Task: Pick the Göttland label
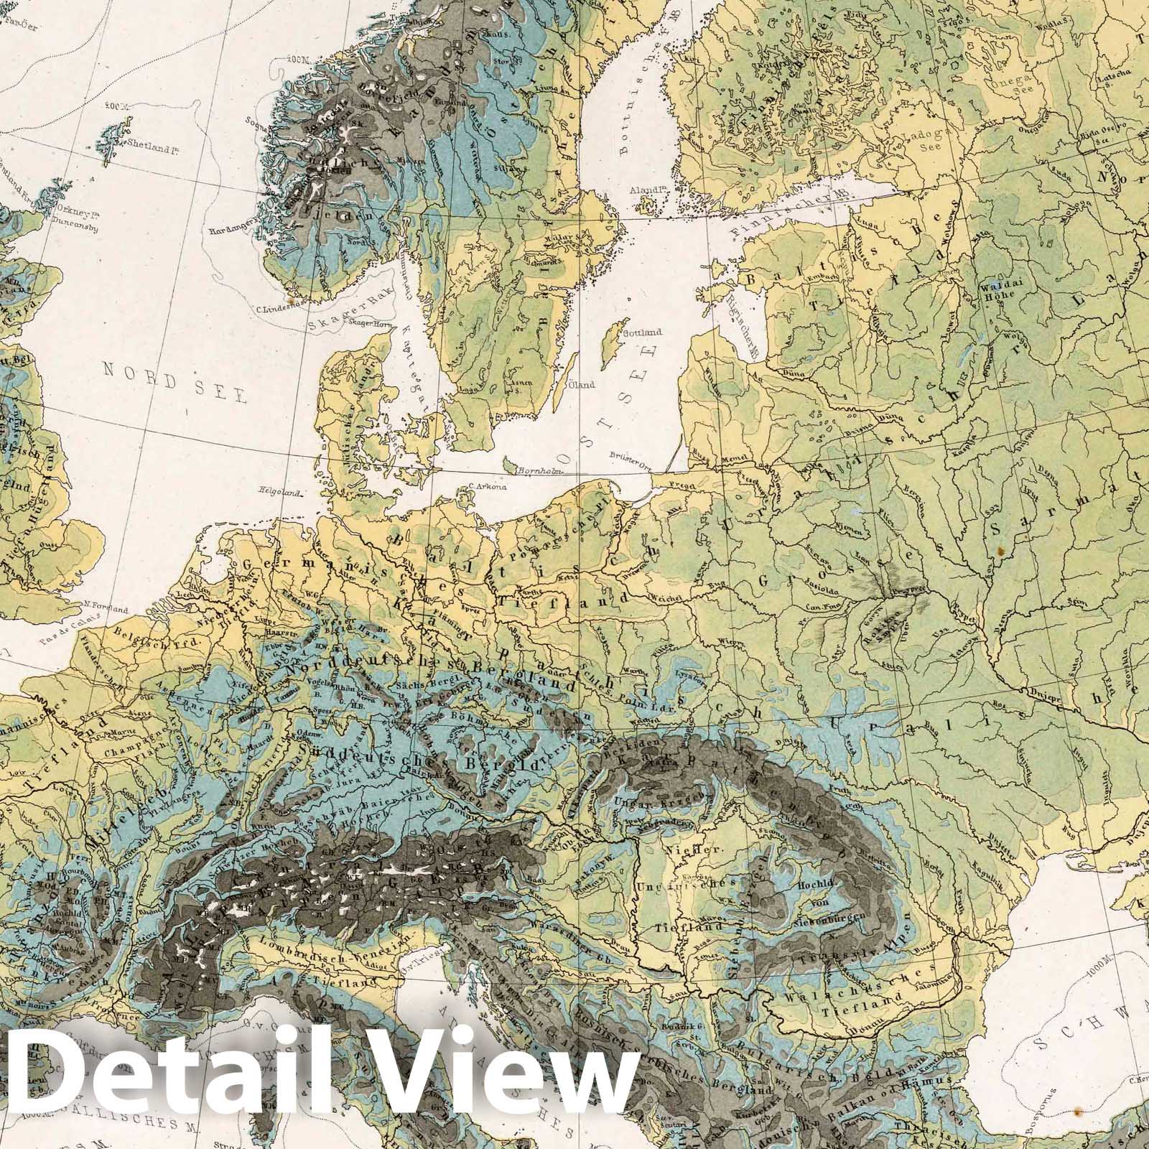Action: [643, 332]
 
